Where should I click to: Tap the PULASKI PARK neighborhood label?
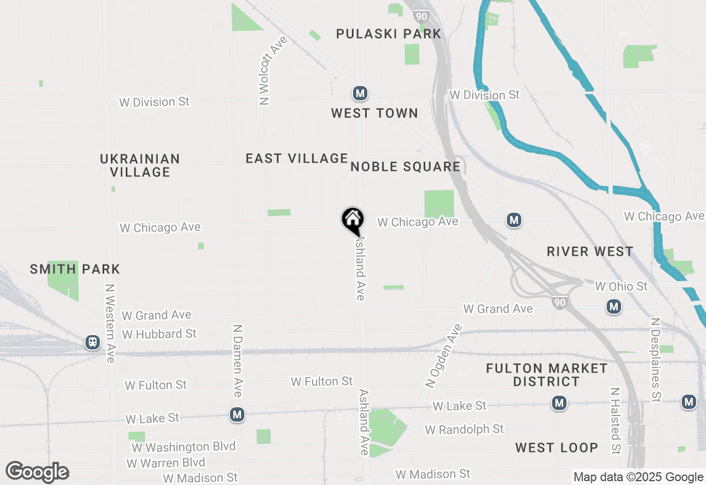click(x=389, y=34)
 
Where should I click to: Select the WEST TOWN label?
click(x=375, y=114)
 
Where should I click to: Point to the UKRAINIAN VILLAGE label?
click(x=140, y=165)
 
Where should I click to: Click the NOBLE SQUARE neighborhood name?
click(x=405, y=167)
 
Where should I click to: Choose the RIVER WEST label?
click(x=590, y=252)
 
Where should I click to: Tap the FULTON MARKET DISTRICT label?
click(x=547, y=375)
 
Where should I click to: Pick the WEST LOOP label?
click(x=557, y=448)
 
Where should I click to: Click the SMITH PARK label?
click(x=75, y=270)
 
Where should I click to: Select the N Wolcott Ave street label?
click(x=266, y=71)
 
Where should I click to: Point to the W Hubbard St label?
click(x=159, y=334)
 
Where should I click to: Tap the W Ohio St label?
click(x=621, y=287)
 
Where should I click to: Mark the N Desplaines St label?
click(x=655, y=359)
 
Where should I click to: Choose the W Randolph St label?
click(x=464, y=429)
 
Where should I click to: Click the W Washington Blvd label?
click(x=184, y=446)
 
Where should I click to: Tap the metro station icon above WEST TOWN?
click(x=360, y=94)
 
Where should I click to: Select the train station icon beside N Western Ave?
click(x=93, y=342)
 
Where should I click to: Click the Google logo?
click(x=38, y=472)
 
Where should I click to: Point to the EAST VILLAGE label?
click(x=297, y=159)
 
